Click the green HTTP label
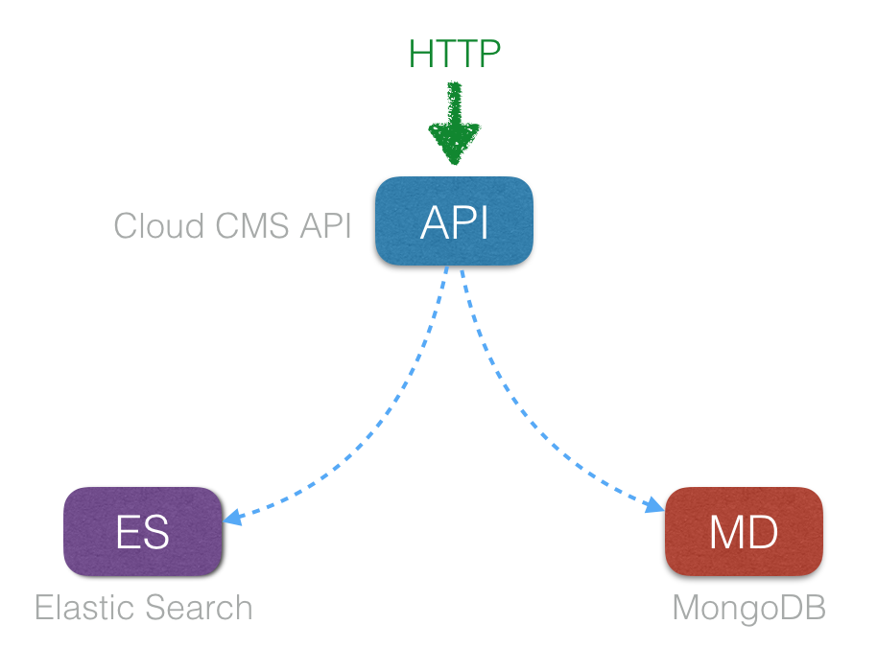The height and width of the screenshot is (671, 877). [x=454, y=55]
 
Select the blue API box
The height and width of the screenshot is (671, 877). [x=454, y=221]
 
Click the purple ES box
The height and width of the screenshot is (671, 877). [x=143, y=531]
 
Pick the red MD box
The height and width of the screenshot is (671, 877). [x=744, y=531]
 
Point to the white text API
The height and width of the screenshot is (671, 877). [x=454, y=223]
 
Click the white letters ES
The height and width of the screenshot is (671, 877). [x=143, y=533]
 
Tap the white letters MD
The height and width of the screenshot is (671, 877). [x=744, y=533]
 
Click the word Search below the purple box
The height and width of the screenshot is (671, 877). [x=201, y=608]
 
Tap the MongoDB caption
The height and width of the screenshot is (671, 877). [x=748, y=608]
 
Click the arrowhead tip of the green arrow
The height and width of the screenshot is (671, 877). [x=454, y=161]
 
